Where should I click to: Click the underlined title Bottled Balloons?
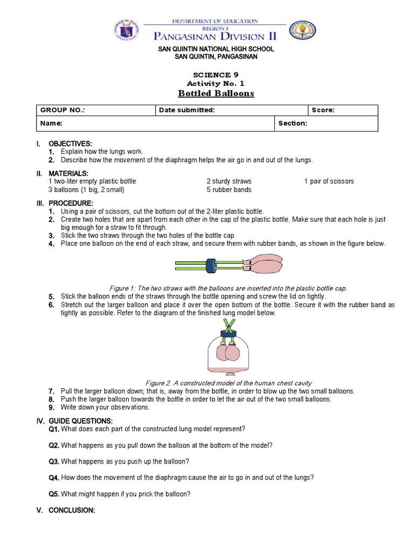208,94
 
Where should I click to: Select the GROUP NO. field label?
63,111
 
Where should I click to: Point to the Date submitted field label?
187,111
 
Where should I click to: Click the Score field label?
323,111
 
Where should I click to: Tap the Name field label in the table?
52,123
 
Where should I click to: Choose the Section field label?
293,123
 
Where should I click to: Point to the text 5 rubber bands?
229,190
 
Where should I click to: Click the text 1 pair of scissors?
329,181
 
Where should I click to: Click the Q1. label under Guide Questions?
54,429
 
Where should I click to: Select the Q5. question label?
54,494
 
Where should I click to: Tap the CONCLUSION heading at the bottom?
71,510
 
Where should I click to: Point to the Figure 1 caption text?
227,288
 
